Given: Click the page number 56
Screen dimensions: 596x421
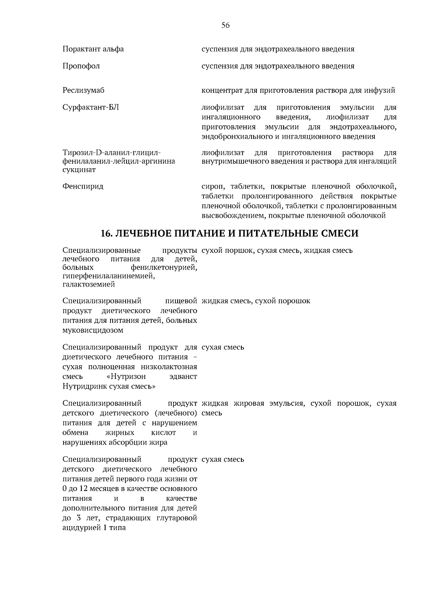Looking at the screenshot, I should tap(225, 25).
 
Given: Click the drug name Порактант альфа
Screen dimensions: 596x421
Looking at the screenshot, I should tap(93, 49).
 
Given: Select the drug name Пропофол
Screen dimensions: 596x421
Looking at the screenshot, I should tap(81, 66).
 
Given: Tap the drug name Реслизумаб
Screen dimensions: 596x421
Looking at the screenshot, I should tap(83, 91).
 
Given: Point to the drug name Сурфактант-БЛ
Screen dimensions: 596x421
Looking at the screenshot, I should tap(91, 107).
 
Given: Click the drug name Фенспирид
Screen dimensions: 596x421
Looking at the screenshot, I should tap(83, 186).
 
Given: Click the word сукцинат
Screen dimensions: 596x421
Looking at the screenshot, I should tap(79, 170).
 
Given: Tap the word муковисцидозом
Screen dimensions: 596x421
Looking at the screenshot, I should tap(93, 330).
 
